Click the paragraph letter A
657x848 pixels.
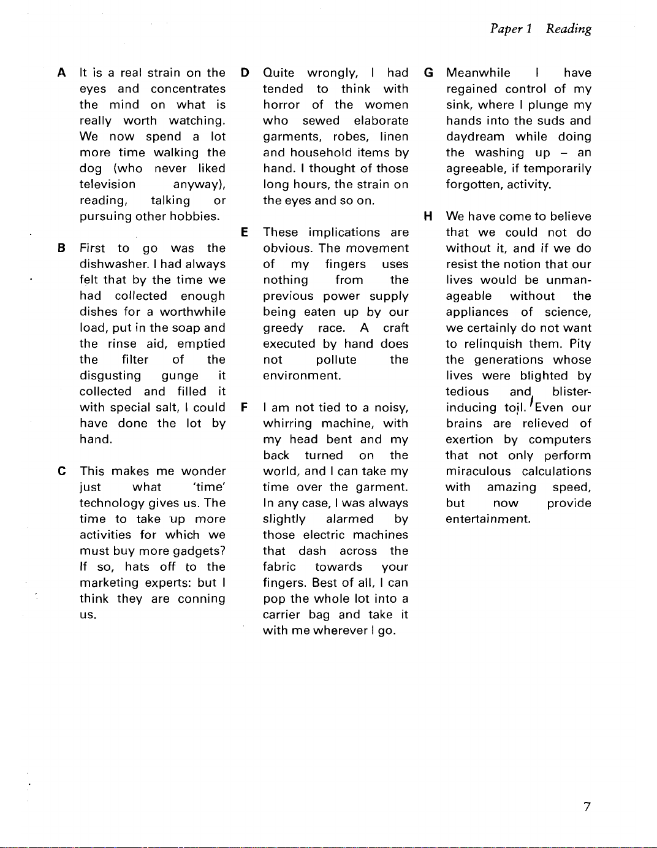(61, 73)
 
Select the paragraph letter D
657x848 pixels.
(245, 73)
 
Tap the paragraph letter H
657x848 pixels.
(428, 216)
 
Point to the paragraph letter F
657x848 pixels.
(245, 408)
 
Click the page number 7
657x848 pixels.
(587, 807)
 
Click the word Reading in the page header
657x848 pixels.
(569, 29)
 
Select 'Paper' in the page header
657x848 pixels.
(506, 29)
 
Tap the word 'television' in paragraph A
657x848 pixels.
(107, 185)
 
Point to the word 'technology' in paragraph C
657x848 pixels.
(112, 503)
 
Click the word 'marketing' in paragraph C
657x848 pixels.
(109, 583)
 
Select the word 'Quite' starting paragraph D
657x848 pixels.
(278, 73)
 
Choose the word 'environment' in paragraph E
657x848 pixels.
(302, 376)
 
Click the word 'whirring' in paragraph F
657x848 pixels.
(287, 424)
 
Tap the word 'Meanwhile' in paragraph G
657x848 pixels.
(478, 73)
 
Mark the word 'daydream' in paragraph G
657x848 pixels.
(475, 137)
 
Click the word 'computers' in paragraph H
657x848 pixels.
(560, 440)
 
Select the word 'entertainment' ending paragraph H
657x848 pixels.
(488, 519)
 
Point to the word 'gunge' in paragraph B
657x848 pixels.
(180, 376)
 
